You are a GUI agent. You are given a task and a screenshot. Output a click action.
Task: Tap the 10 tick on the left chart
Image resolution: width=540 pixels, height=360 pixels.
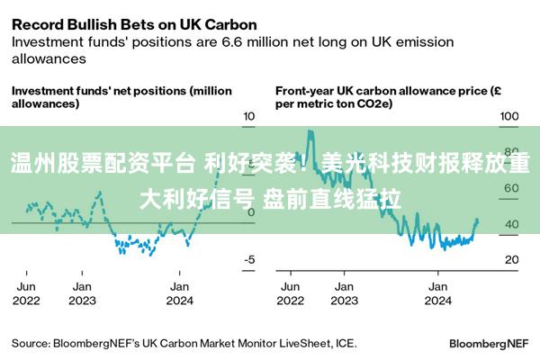(x=250, y=117)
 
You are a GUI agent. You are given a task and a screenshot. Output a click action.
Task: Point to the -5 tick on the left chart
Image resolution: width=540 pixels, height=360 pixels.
(x=250, y=259)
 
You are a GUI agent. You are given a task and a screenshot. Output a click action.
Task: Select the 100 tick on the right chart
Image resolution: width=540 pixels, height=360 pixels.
(x=510, y=117)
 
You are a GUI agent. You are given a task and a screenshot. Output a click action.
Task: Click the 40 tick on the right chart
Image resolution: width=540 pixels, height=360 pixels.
(x=510, y=224)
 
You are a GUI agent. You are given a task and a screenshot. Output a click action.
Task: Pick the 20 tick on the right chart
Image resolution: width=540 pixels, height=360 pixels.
(x=510, y=259)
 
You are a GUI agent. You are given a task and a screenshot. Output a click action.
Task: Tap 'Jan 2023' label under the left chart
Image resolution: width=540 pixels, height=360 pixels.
(x=82, y=293)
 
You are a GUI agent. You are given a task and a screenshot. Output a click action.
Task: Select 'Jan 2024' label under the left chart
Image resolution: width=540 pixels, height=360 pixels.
(x=180, y=293)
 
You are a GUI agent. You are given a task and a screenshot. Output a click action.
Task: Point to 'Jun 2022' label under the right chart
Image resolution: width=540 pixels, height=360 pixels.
(x=290, y=293)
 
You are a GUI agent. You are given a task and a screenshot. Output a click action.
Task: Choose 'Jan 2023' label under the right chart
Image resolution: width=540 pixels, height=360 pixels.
(x=344, y=293)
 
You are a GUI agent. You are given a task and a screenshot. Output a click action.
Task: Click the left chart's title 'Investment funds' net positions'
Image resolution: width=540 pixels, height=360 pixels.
(x=121, y=97)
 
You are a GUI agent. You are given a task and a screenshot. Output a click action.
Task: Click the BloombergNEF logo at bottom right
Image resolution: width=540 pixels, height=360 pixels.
(x=488, y=343)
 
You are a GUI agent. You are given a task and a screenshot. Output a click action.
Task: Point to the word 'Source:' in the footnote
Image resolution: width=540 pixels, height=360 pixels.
(x=31, y=343)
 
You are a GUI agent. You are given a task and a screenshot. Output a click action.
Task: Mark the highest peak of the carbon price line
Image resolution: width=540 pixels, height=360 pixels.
(x=310, y=132)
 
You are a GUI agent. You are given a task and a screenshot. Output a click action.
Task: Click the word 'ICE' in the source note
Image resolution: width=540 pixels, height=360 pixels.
(x=345, y=343)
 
